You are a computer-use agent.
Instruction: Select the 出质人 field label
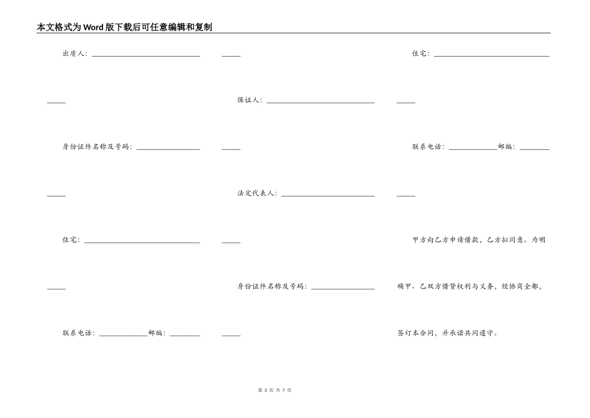coord(75,53)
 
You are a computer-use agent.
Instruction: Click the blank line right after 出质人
coord(146,55)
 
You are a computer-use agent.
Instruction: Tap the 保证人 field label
coord(249,100)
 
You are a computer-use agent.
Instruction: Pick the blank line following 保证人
coord(320,102)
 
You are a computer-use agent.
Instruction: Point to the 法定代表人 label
coord(256,193)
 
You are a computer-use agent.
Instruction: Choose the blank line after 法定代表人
coord(328,195)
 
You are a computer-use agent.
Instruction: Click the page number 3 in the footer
coord(265,390)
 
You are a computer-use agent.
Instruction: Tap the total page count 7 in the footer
coord(283,390)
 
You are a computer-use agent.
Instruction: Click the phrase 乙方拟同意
coord(506,240)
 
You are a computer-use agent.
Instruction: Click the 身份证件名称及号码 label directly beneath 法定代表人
coord(271,287)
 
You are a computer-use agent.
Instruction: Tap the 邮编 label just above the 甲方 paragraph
coord(507,147)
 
